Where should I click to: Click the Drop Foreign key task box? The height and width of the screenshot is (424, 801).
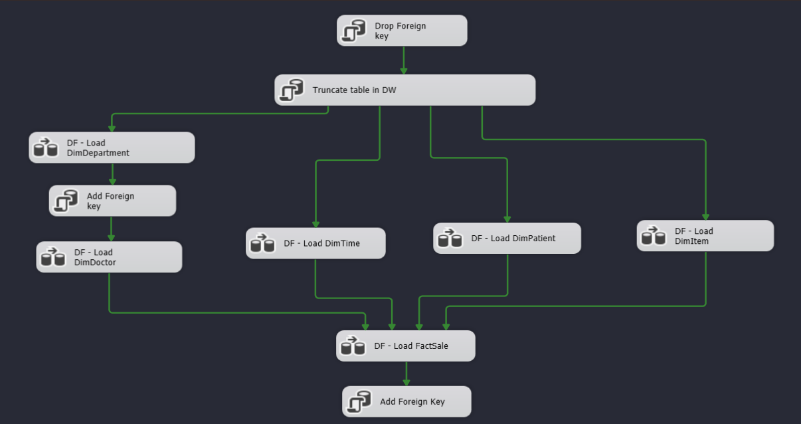pyautogui.click(x=401, y=31)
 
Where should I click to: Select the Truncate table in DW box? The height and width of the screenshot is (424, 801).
pyautogui.click(x=404, y=90)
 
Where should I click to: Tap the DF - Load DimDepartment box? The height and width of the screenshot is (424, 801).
pyautogui.click(x=112, y=148)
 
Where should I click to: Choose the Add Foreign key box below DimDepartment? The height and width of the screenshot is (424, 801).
pyautogui.click(x=112, y=201)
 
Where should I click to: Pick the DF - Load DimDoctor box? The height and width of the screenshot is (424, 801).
pyautogui.click(x=109, y=257)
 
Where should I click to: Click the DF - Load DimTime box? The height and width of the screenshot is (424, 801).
pyautogui.click(x=315, y=243)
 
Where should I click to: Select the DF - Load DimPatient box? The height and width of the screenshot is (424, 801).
pyautogui.click(x=507, y=238)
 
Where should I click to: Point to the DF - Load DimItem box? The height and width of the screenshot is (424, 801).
pyautogui.click(x=705, y=236)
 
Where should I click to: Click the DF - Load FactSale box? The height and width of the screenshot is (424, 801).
pyautogui.click(x=405, y=346)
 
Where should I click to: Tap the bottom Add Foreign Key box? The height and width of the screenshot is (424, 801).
pyautogui.click(x=406, y=401)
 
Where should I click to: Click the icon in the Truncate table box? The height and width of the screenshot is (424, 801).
pyautogui.click(x=291, y=90)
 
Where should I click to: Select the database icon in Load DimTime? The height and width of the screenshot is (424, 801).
pyautogui.click(x=262, y=243)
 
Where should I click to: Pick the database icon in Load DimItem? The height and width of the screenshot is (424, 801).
pyautogui.click(x=654, y=236)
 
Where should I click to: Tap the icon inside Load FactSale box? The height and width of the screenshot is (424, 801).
pyautogui.click(x=353, y=346)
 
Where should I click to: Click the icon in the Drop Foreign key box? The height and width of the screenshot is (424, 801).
pyautogui.click(x=353, y=31)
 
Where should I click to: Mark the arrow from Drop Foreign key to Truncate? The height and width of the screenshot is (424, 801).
pyautogui.click(x=403, y=60)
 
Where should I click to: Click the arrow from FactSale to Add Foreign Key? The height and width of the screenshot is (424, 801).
pyautogui.click(x=406, y=373)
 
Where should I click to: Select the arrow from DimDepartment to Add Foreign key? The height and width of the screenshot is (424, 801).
pyautogui.click(x=112, y=174)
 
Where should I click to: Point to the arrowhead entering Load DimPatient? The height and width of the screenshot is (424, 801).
pyautogui.click(x=507, y=219)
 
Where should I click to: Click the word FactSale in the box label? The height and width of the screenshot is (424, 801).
pyautogui.click(x=431, y=346)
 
